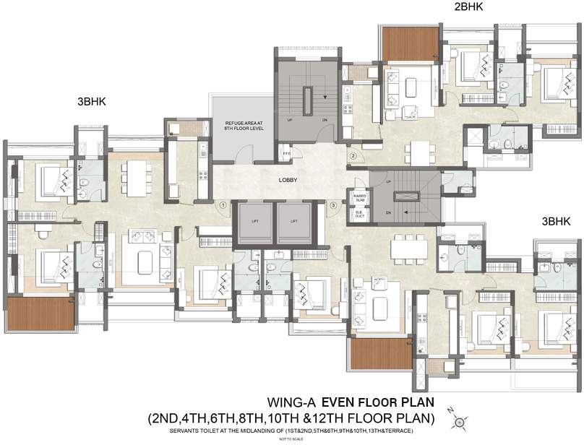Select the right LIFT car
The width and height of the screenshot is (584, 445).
tap(293, 221)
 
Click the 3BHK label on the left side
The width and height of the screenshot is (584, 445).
tap(92, 102)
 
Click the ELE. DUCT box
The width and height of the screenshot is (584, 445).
tap(358, 213)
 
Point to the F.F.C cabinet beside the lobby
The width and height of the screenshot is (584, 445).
tap(286, 153)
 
